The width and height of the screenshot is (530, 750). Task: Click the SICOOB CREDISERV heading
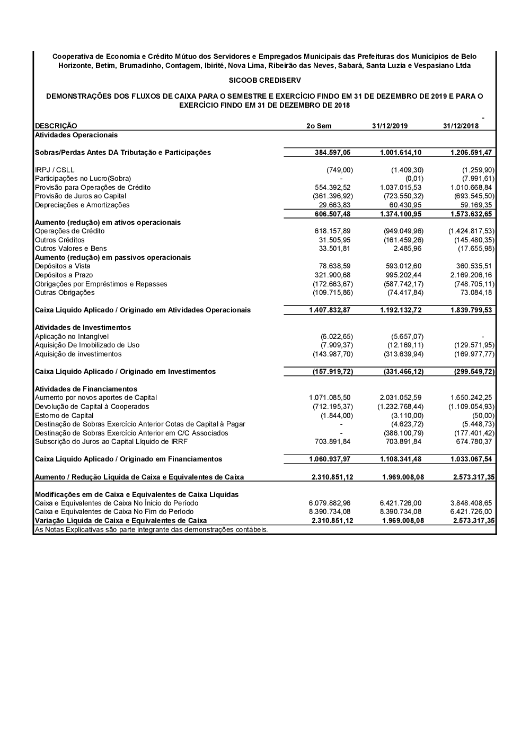click(264, 80)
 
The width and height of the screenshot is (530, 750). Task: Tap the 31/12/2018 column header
click(461, 126)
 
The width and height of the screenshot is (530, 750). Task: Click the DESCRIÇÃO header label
click(56, 126)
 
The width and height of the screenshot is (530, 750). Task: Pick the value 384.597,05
click(332, 153)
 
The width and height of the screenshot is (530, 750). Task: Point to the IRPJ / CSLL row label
click(55, 170)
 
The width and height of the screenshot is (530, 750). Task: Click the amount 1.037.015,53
click(401, 188)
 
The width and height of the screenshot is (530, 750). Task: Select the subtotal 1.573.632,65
click(471, 214)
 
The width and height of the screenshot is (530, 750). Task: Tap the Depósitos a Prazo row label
click(64, 275)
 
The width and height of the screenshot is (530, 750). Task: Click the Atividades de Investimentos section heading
click(83, 328)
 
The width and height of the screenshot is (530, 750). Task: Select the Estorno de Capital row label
click(64, 416)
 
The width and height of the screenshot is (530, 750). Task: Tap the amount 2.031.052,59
click(401, 398)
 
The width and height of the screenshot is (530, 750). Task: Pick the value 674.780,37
click(474, 442)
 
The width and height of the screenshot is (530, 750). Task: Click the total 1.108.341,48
click(401, 459)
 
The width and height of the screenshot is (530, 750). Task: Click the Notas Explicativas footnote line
click(151, 530)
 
